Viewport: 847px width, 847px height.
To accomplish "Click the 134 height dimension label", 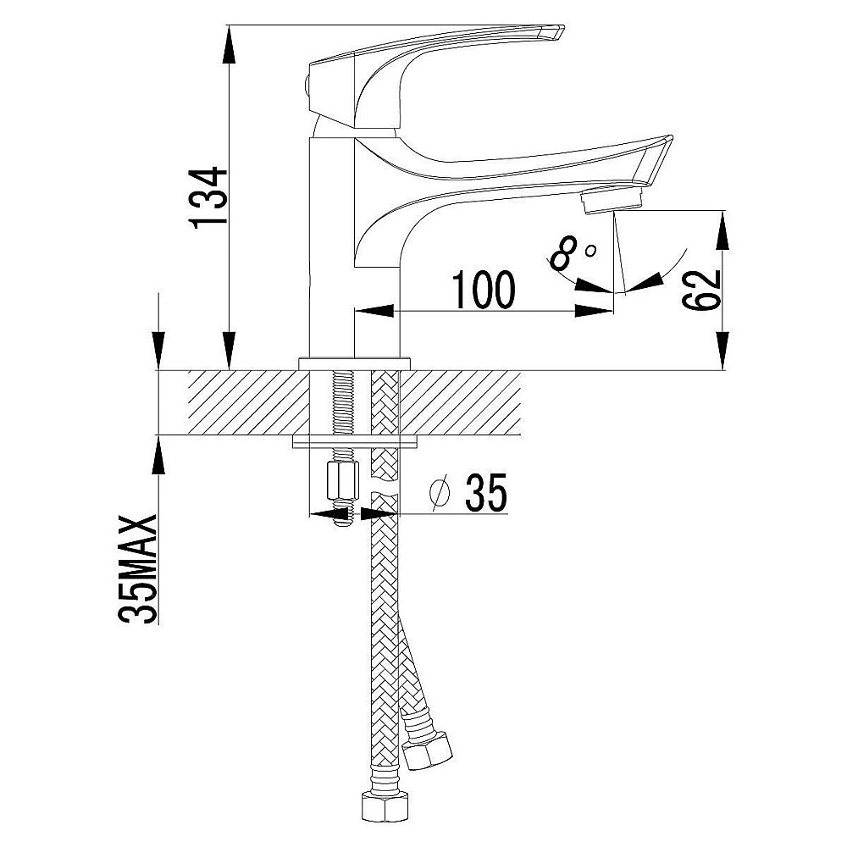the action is coord(208,197).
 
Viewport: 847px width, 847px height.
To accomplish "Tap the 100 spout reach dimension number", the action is coord(484,290).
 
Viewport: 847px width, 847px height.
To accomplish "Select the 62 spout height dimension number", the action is coord(701,290).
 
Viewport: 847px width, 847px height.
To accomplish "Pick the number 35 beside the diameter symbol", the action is coord(486,492).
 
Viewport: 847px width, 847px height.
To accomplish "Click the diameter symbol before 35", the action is coord(439,493).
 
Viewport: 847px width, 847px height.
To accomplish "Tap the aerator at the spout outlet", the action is coord(612,199).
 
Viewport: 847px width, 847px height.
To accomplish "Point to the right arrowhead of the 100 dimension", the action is coord(594,311).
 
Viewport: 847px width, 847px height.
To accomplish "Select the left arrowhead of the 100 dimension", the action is coord(374,311).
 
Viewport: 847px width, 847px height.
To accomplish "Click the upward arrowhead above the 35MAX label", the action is coord(158,456).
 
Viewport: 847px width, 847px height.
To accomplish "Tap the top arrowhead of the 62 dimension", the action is coord(722,230).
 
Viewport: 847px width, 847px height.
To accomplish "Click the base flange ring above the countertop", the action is coord(355,363).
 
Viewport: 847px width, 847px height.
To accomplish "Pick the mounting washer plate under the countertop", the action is coord(355,442).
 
